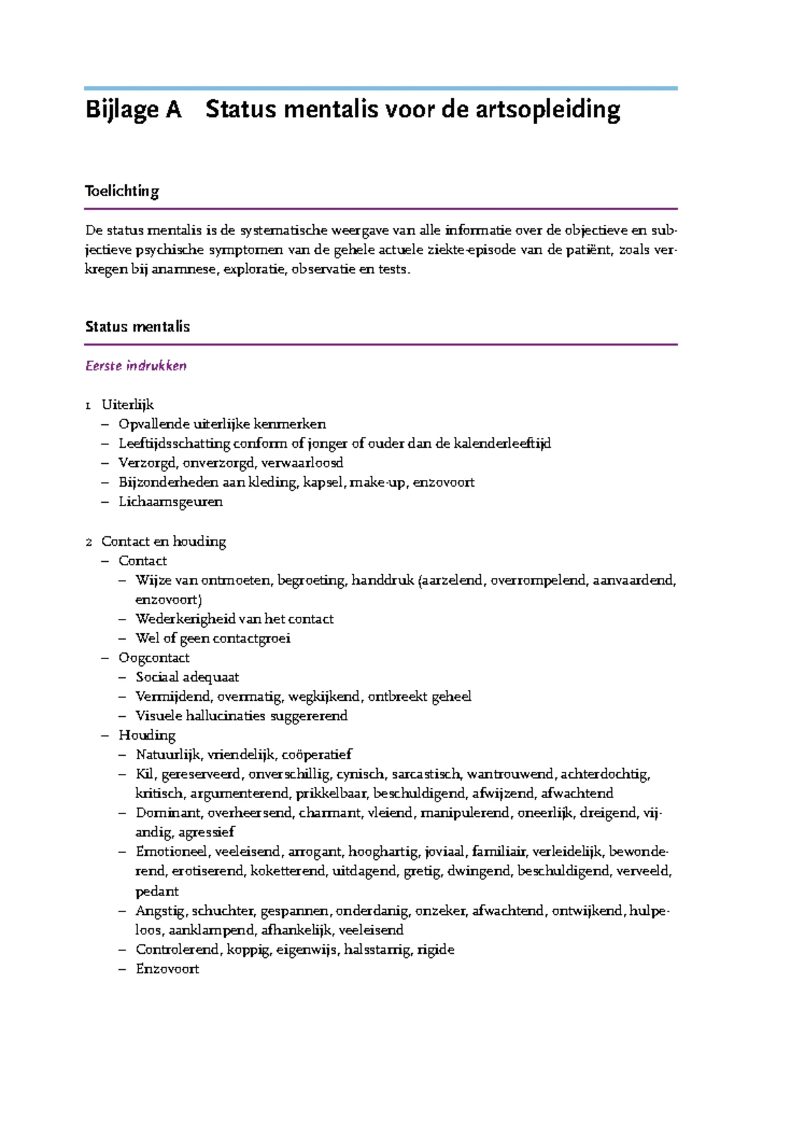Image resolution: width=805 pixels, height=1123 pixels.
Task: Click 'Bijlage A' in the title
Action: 133,109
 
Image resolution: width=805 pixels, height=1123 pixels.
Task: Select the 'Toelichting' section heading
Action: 122,191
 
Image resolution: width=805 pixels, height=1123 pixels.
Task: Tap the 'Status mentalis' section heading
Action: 138,327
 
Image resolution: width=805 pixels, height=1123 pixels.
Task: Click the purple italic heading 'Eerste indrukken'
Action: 136,366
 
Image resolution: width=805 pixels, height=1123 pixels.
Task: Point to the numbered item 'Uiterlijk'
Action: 127,405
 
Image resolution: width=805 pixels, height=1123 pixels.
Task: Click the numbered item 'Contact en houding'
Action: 163,541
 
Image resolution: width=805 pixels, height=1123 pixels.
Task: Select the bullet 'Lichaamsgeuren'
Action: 170,501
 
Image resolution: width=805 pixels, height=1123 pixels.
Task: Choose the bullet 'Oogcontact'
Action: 154,658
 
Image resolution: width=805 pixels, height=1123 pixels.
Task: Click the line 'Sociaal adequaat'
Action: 187,677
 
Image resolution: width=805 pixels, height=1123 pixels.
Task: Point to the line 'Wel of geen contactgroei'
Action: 213,638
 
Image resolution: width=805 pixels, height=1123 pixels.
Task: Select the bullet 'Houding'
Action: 147,735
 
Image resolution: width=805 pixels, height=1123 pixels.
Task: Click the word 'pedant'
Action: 157,891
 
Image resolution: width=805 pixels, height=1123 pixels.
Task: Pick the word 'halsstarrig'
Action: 377,950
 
